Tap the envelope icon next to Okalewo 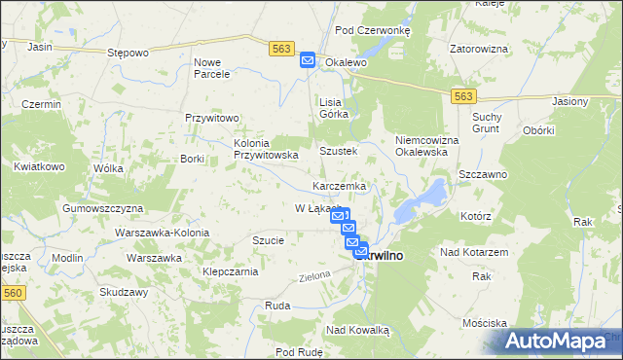(308, 60)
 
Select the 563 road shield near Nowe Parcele (281, 48)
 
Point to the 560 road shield (12, 291)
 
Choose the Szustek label (339, 152)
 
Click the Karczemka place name (339, 186)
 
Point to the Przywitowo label (213, 118)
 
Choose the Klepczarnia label (230, 271)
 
